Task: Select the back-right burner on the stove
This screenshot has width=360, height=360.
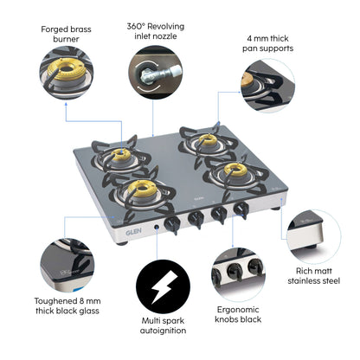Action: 206,139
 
